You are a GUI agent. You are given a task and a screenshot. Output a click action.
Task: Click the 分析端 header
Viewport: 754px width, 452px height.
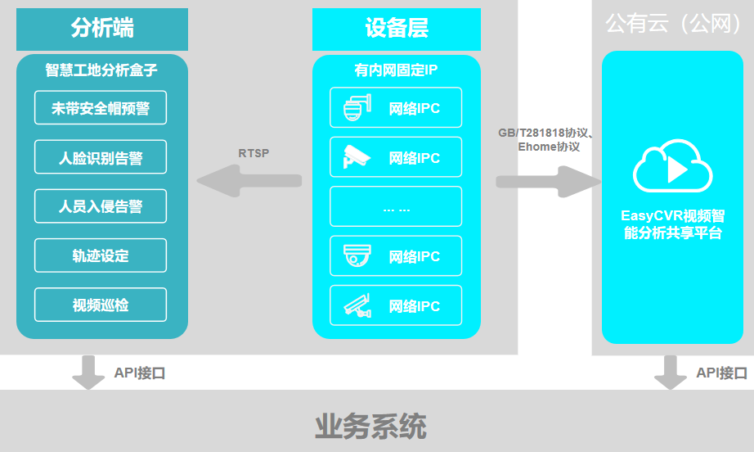[x=102, y=29]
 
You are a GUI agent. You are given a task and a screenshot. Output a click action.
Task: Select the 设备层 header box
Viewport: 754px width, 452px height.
[x=397, y=29]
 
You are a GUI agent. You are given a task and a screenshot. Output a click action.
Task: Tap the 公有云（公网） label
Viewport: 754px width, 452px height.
[x=673, y=25]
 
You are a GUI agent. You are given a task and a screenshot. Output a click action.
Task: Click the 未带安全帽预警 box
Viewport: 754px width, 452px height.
[x=101, y=108]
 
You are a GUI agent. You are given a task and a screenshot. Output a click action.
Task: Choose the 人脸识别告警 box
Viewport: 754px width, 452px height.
[x=101, y=157]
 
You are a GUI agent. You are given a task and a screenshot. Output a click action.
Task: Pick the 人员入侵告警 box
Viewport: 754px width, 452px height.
[x=101, y=206]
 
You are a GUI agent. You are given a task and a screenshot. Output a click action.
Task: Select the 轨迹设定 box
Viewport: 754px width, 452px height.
[x=101, y=255]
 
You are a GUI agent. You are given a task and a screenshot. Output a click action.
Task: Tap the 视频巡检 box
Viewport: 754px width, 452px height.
[x=101, y=305]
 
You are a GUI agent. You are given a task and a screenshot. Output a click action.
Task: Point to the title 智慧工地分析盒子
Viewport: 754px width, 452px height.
[x=101, y=70]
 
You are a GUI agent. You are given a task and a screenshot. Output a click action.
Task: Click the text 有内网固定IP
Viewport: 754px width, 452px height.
[x=396, y=70]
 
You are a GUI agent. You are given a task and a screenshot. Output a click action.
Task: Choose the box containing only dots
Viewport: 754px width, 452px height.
[x=396, y=207]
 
